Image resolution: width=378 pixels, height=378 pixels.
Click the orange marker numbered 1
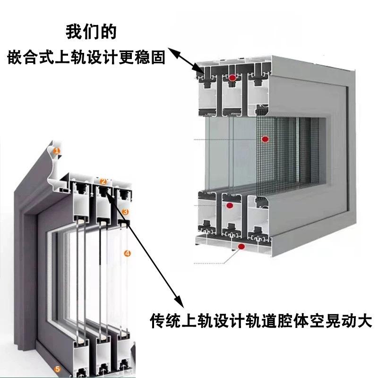click(x=56, y=152)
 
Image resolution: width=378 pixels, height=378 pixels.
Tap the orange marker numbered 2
click(x=103, y=181)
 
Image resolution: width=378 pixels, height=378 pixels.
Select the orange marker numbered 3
click(x=125, y=211)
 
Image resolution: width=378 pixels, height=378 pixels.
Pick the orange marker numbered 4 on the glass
click(x=127, y=253)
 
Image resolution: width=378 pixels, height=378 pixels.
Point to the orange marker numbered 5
click(x=57, y=369)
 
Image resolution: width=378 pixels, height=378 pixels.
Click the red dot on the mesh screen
click(x=265, y=139)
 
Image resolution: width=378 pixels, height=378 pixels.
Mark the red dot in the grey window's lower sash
click(x=230, y=206)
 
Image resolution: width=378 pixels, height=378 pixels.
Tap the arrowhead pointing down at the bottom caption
click(x=178, y=301)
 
